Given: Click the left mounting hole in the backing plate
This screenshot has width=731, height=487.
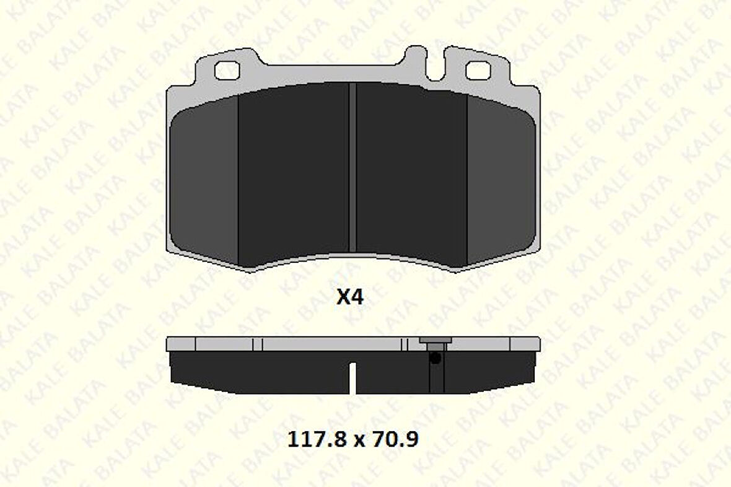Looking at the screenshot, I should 226,71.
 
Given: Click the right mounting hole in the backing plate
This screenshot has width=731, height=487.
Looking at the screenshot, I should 478,71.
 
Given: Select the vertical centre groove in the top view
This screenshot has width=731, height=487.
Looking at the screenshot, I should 352,167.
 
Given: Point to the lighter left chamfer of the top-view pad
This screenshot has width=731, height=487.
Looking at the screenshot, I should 204,180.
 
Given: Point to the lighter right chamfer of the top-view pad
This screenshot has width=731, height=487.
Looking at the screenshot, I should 501,180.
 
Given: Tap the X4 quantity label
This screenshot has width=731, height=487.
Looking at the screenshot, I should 349,298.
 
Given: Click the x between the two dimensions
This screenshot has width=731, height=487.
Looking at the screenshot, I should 358,441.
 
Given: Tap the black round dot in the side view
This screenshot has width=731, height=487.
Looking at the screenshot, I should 436,358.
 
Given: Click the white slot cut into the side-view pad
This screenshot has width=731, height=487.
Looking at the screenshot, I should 352,378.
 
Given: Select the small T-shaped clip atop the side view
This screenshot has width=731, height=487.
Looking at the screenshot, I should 435,341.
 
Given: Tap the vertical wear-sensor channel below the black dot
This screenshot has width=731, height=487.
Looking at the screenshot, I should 436,378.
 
